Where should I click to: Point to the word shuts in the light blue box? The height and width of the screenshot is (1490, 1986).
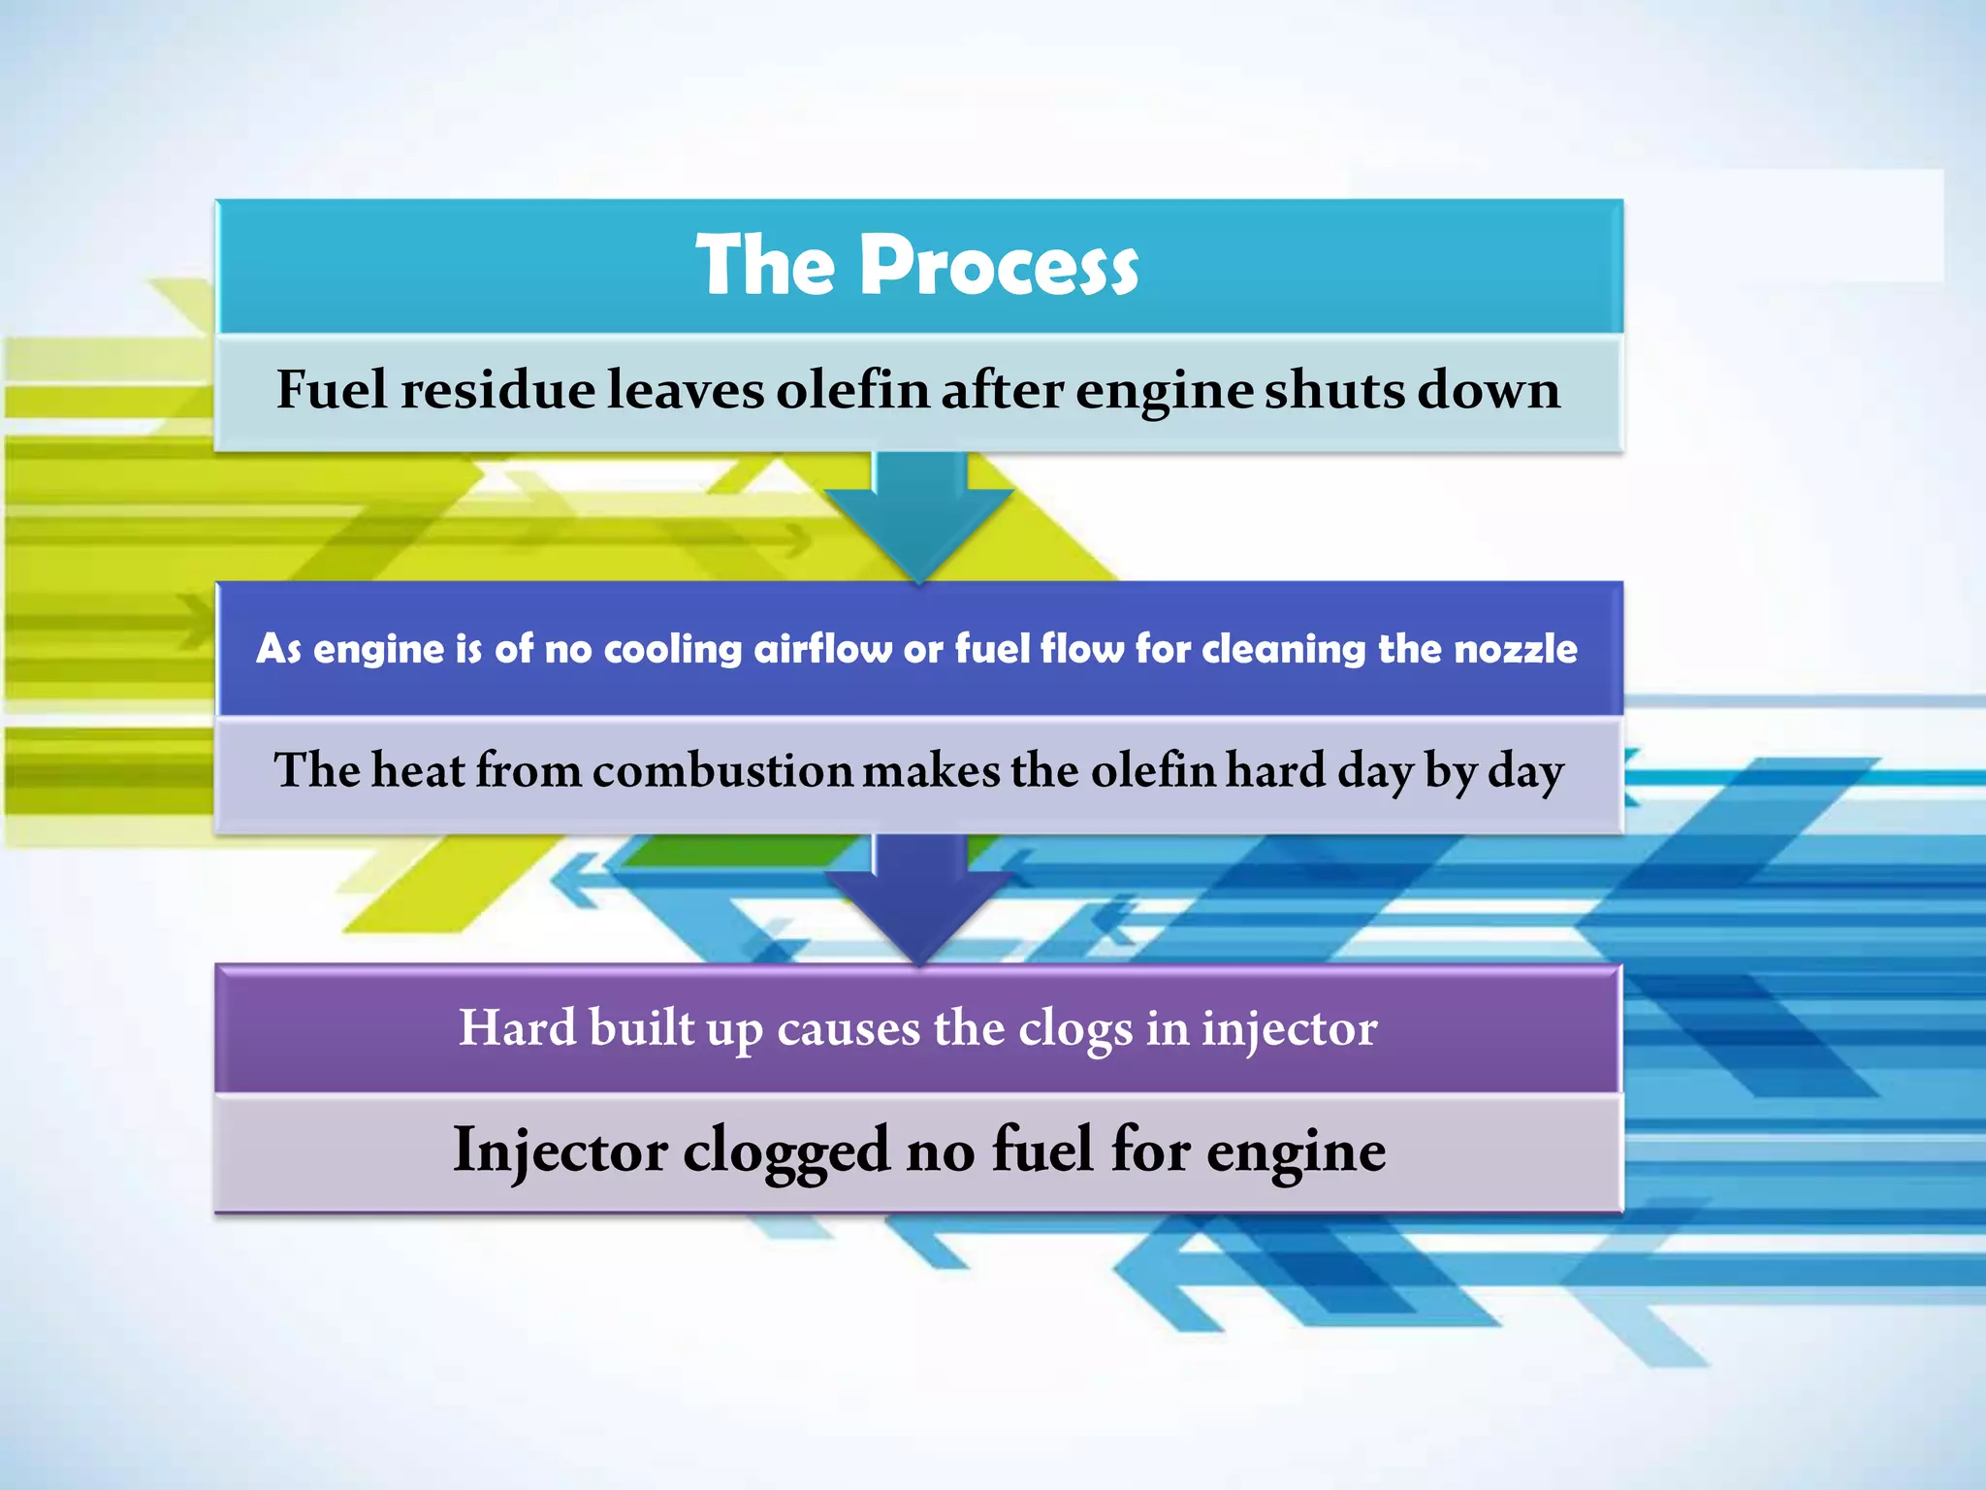(1335, 390)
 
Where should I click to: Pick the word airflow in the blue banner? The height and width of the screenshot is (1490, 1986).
(822, 648)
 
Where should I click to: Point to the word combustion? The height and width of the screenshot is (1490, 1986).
(722, 771)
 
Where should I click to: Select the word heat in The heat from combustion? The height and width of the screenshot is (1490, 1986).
(418, 771)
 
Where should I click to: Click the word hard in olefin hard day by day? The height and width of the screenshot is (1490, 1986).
(1275, 771)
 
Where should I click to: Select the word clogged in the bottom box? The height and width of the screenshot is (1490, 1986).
(786, 1152)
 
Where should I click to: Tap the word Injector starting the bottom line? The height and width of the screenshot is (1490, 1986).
(560, 1152)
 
